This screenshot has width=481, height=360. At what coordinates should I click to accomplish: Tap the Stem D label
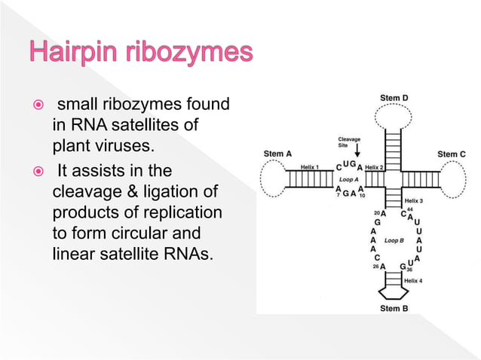[x=394, y=99]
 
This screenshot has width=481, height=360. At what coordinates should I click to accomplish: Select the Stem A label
[x=277, y=154]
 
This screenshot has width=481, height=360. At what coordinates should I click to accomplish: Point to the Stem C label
[x=452, y=154]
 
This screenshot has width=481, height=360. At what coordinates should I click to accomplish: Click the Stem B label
[x=394, y=308]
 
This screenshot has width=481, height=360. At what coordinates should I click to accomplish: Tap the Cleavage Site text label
[x=348, y=143]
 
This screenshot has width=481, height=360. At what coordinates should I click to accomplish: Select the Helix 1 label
[x=310, y=166]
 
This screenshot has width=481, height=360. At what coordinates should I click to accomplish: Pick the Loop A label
[x=348, y=180]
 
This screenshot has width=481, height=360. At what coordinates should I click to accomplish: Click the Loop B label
[x=394, y=240]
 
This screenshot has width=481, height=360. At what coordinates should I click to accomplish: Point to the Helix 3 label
[x=414, y=201]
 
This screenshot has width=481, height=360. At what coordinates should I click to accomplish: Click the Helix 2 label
[x=375, y=166]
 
